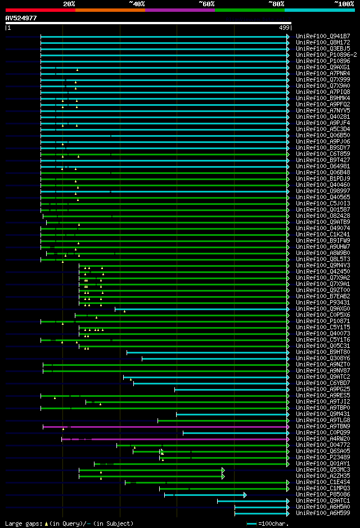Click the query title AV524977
[21, 18]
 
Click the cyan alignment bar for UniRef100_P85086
[208, 495]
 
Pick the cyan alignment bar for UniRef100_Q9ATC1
[253, 501]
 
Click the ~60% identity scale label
[206, 3]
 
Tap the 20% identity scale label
[69, 3]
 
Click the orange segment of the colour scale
[110, 10]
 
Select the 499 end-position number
[284, 28]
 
